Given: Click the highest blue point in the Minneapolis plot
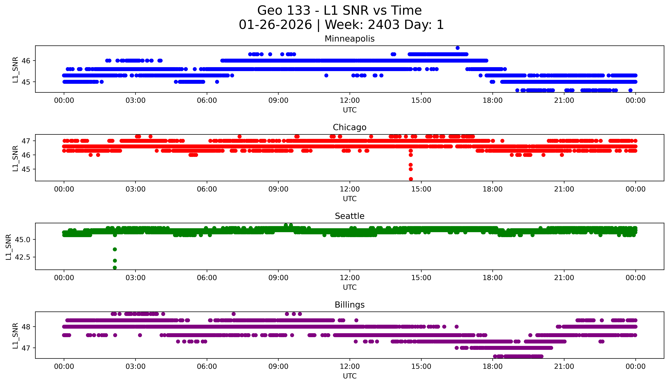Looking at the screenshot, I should pos(458,48).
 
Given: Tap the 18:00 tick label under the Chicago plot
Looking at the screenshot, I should pos(493,189).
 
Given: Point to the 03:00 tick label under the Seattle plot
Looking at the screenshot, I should pos(135,278).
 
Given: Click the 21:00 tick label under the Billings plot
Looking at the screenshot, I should pos(564,366).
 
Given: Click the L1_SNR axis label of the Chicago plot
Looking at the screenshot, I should pos(15,158).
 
